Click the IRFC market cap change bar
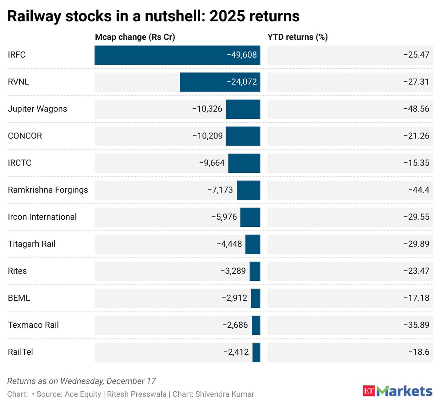[177, 55]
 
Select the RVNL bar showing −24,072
[220, 82]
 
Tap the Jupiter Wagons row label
[37, 109]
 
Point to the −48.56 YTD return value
[416, 109]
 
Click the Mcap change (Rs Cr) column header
[135, 37]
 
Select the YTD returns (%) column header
[298, 37]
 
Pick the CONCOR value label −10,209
[208, 136]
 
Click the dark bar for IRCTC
[244, 163]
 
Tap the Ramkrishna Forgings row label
[48, 190]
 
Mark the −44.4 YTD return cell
[419, 190]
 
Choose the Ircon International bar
[250, 217]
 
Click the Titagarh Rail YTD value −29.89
[416, 244]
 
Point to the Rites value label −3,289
[233, 271]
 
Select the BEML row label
[19, 298]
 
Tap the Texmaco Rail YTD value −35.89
[416, 325]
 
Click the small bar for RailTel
[256, 352]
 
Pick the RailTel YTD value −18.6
[419, 352]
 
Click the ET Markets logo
[397, 391]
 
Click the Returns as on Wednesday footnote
[82, 381]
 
